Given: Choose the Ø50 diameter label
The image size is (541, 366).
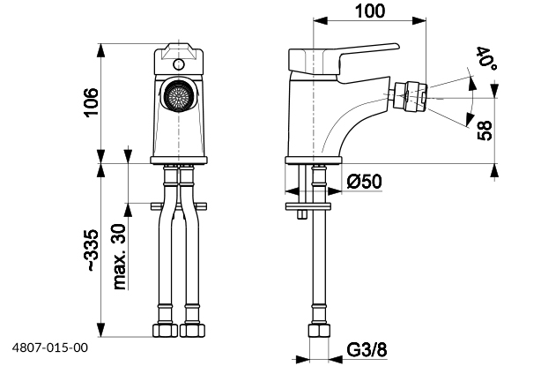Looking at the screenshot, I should (x=363, y=182).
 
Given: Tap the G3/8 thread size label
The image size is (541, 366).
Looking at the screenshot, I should (x=365, y=348).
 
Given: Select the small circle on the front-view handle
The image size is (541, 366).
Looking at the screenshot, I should (x=179, y=64).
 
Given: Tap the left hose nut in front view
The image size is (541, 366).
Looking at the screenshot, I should (x=165, y=332).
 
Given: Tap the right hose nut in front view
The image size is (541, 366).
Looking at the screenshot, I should (x=190, y=332).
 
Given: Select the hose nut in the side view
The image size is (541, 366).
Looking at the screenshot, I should (x=317, y=333).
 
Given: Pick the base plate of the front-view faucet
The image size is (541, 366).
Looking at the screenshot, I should (x=179, y=161).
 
